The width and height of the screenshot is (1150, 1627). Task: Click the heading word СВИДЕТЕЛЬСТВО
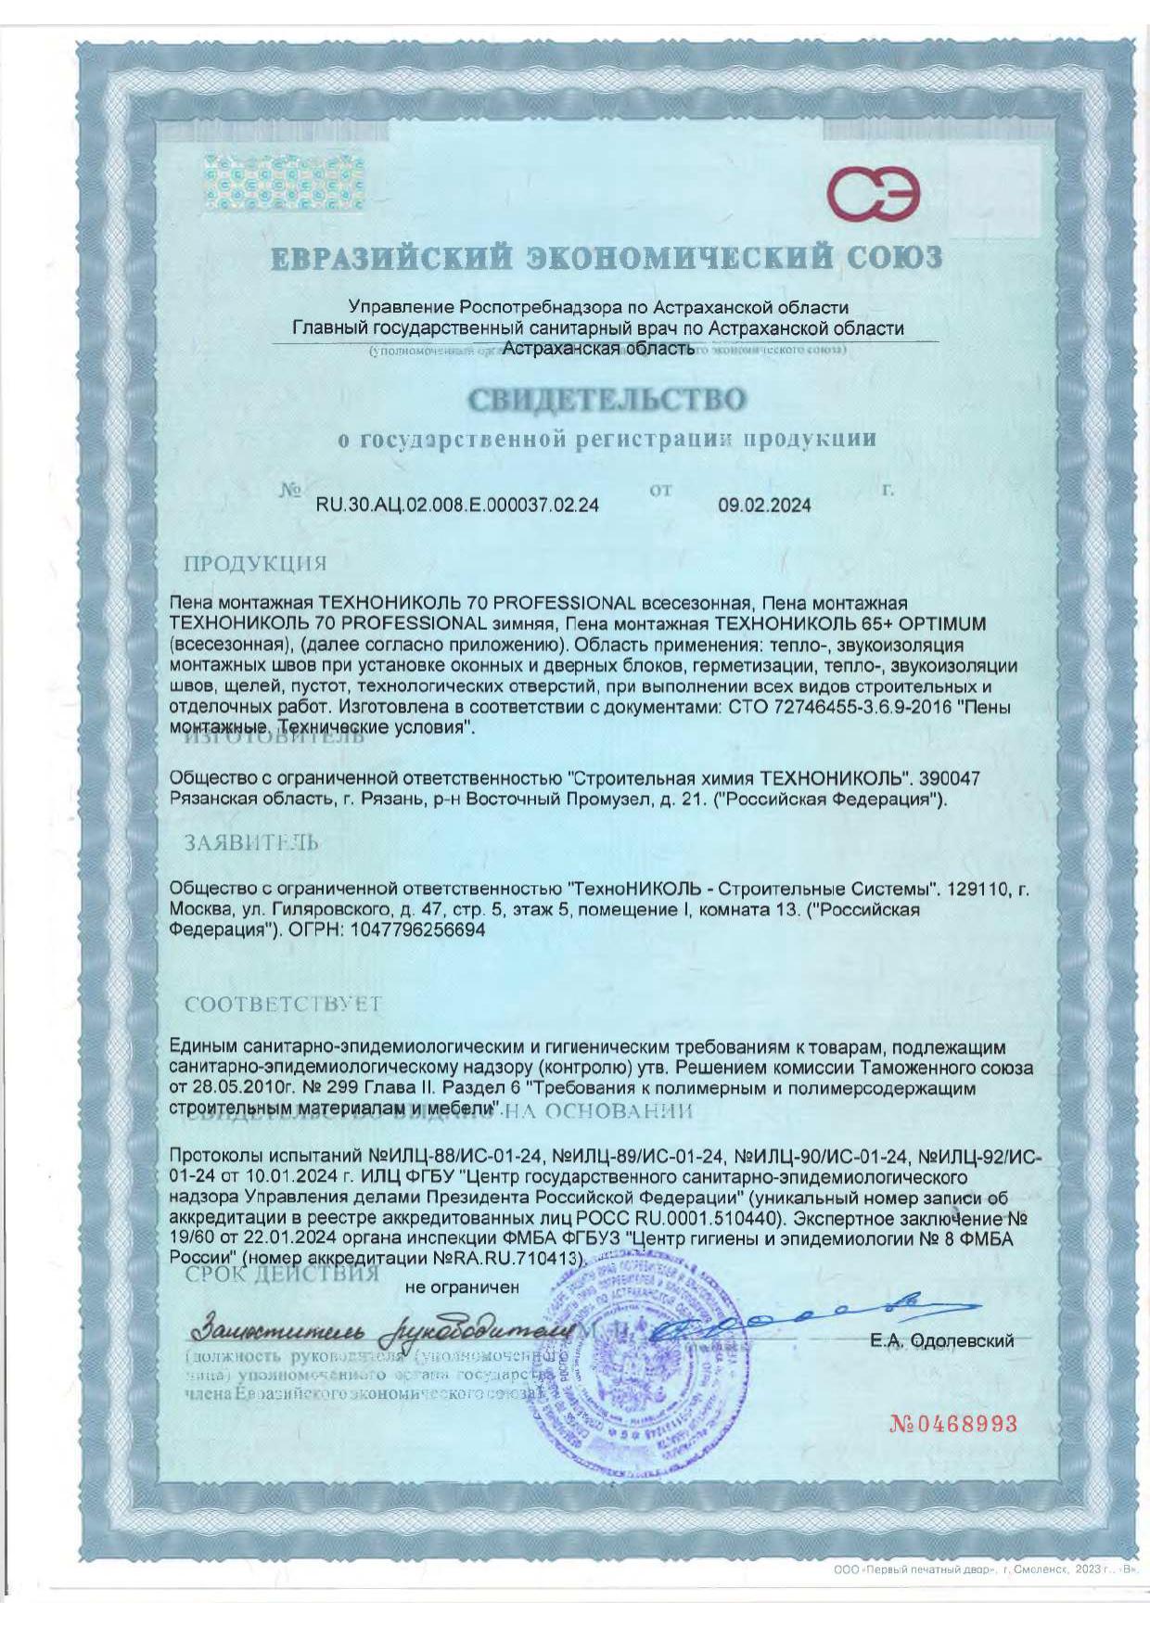[x=607, y=400]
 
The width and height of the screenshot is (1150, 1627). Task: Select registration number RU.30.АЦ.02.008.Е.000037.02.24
[x=457, y=506]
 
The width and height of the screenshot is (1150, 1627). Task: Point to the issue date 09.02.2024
[x=764, y=506]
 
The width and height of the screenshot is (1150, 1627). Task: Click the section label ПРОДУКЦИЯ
[x=255, y=564]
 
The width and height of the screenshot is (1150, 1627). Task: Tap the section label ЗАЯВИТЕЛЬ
[x=251, y=843]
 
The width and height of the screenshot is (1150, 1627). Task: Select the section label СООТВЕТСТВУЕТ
[x=283, y=1005]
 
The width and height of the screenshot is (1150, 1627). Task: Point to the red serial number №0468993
[x=953, y=1424]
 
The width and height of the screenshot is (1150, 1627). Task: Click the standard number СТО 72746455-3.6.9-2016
[x=836, y=707]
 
